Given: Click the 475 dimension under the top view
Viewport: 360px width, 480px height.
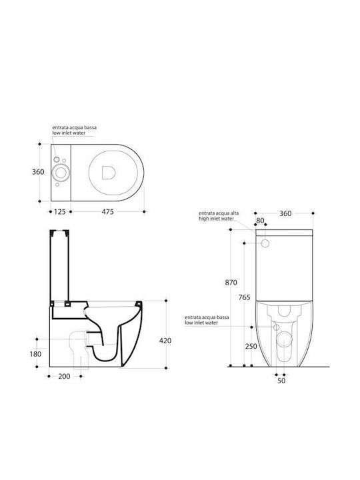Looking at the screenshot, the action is coord(107,211).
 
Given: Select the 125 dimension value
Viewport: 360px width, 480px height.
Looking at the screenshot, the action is coord(60,211).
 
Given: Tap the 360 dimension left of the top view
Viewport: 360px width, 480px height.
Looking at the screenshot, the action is coord(38,172).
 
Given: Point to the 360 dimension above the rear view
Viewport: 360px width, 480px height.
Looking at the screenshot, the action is coord(285,213).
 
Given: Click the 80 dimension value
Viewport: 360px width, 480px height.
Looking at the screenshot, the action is coord(260,221).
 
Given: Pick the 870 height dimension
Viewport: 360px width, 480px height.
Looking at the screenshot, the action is coord(231,283).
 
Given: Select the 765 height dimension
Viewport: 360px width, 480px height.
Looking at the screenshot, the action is coord(244,297).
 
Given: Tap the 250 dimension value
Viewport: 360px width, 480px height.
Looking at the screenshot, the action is coord(251,346).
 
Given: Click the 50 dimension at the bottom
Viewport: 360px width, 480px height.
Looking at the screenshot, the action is coord(281,381).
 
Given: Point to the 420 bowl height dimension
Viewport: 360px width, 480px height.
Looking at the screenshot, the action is coord(165,341).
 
